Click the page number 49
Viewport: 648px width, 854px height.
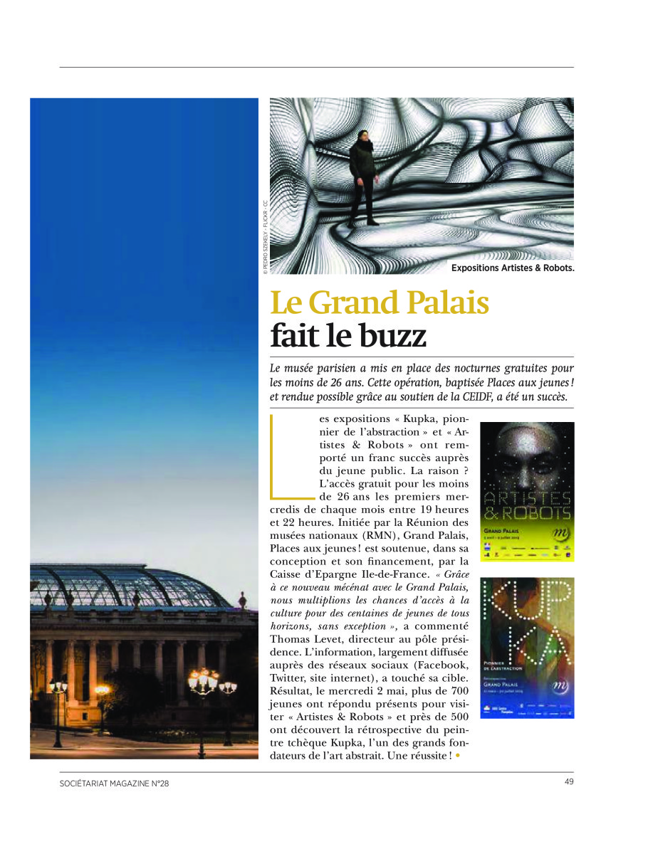tap(569, 781)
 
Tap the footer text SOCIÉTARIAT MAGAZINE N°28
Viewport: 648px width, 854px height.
tap(114, 784)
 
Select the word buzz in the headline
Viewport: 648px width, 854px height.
tap(388, 336)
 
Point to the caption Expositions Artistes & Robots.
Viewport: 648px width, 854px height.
tap(512, 268)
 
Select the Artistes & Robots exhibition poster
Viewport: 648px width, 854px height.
tap(527, 491)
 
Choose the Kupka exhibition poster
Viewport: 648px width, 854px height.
tap(527, 647)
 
